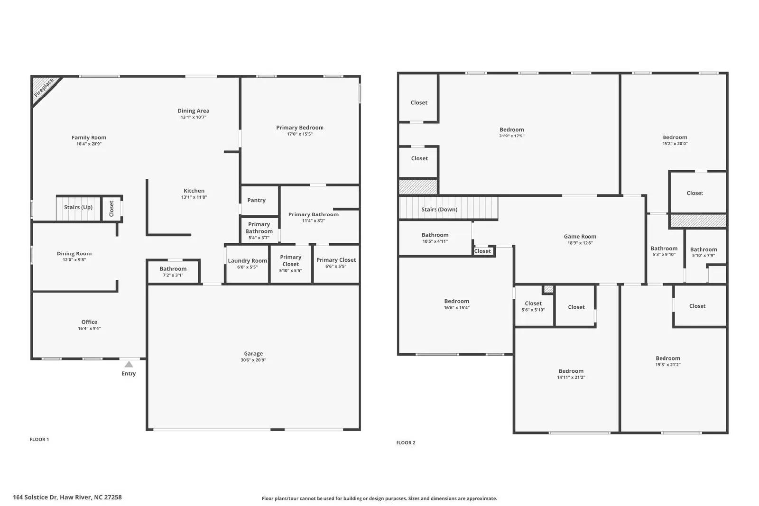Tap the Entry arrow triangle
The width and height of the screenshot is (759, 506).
129,364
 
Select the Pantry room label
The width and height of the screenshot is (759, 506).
256,200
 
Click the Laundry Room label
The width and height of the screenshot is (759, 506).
247,260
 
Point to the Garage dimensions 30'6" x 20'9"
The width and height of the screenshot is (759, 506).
253,360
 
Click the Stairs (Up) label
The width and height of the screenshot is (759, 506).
78,207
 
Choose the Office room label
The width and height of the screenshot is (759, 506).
89,322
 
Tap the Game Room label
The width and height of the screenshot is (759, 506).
580,236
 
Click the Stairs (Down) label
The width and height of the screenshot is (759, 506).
439,209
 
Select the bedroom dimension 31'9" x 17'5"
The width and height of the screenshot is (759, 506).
511,136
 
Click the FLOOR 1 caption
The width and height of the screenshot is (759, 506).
39,439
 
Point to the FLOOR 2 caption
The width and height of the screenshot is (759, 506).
406,442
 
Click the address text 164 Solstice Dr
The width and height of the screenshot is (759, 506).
67,497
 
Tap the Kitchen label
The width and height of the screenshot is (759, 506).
194,191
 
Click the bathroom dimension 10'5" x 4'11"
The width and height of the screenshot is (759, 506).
435,241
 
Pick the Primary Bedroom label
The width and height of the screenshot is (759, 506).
300,128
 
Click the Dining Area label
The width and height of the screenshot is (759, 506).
193,111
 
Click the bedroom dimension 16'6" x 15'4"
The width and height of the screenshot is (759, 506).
456,308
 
